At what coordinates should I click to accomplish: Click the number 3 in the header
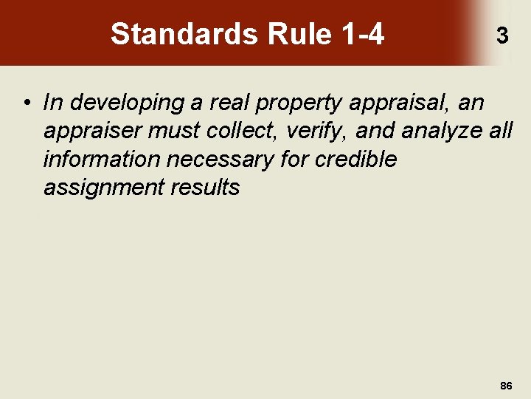click(502, 35)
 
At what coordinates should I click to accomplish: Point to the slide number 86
click(506, 386)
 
